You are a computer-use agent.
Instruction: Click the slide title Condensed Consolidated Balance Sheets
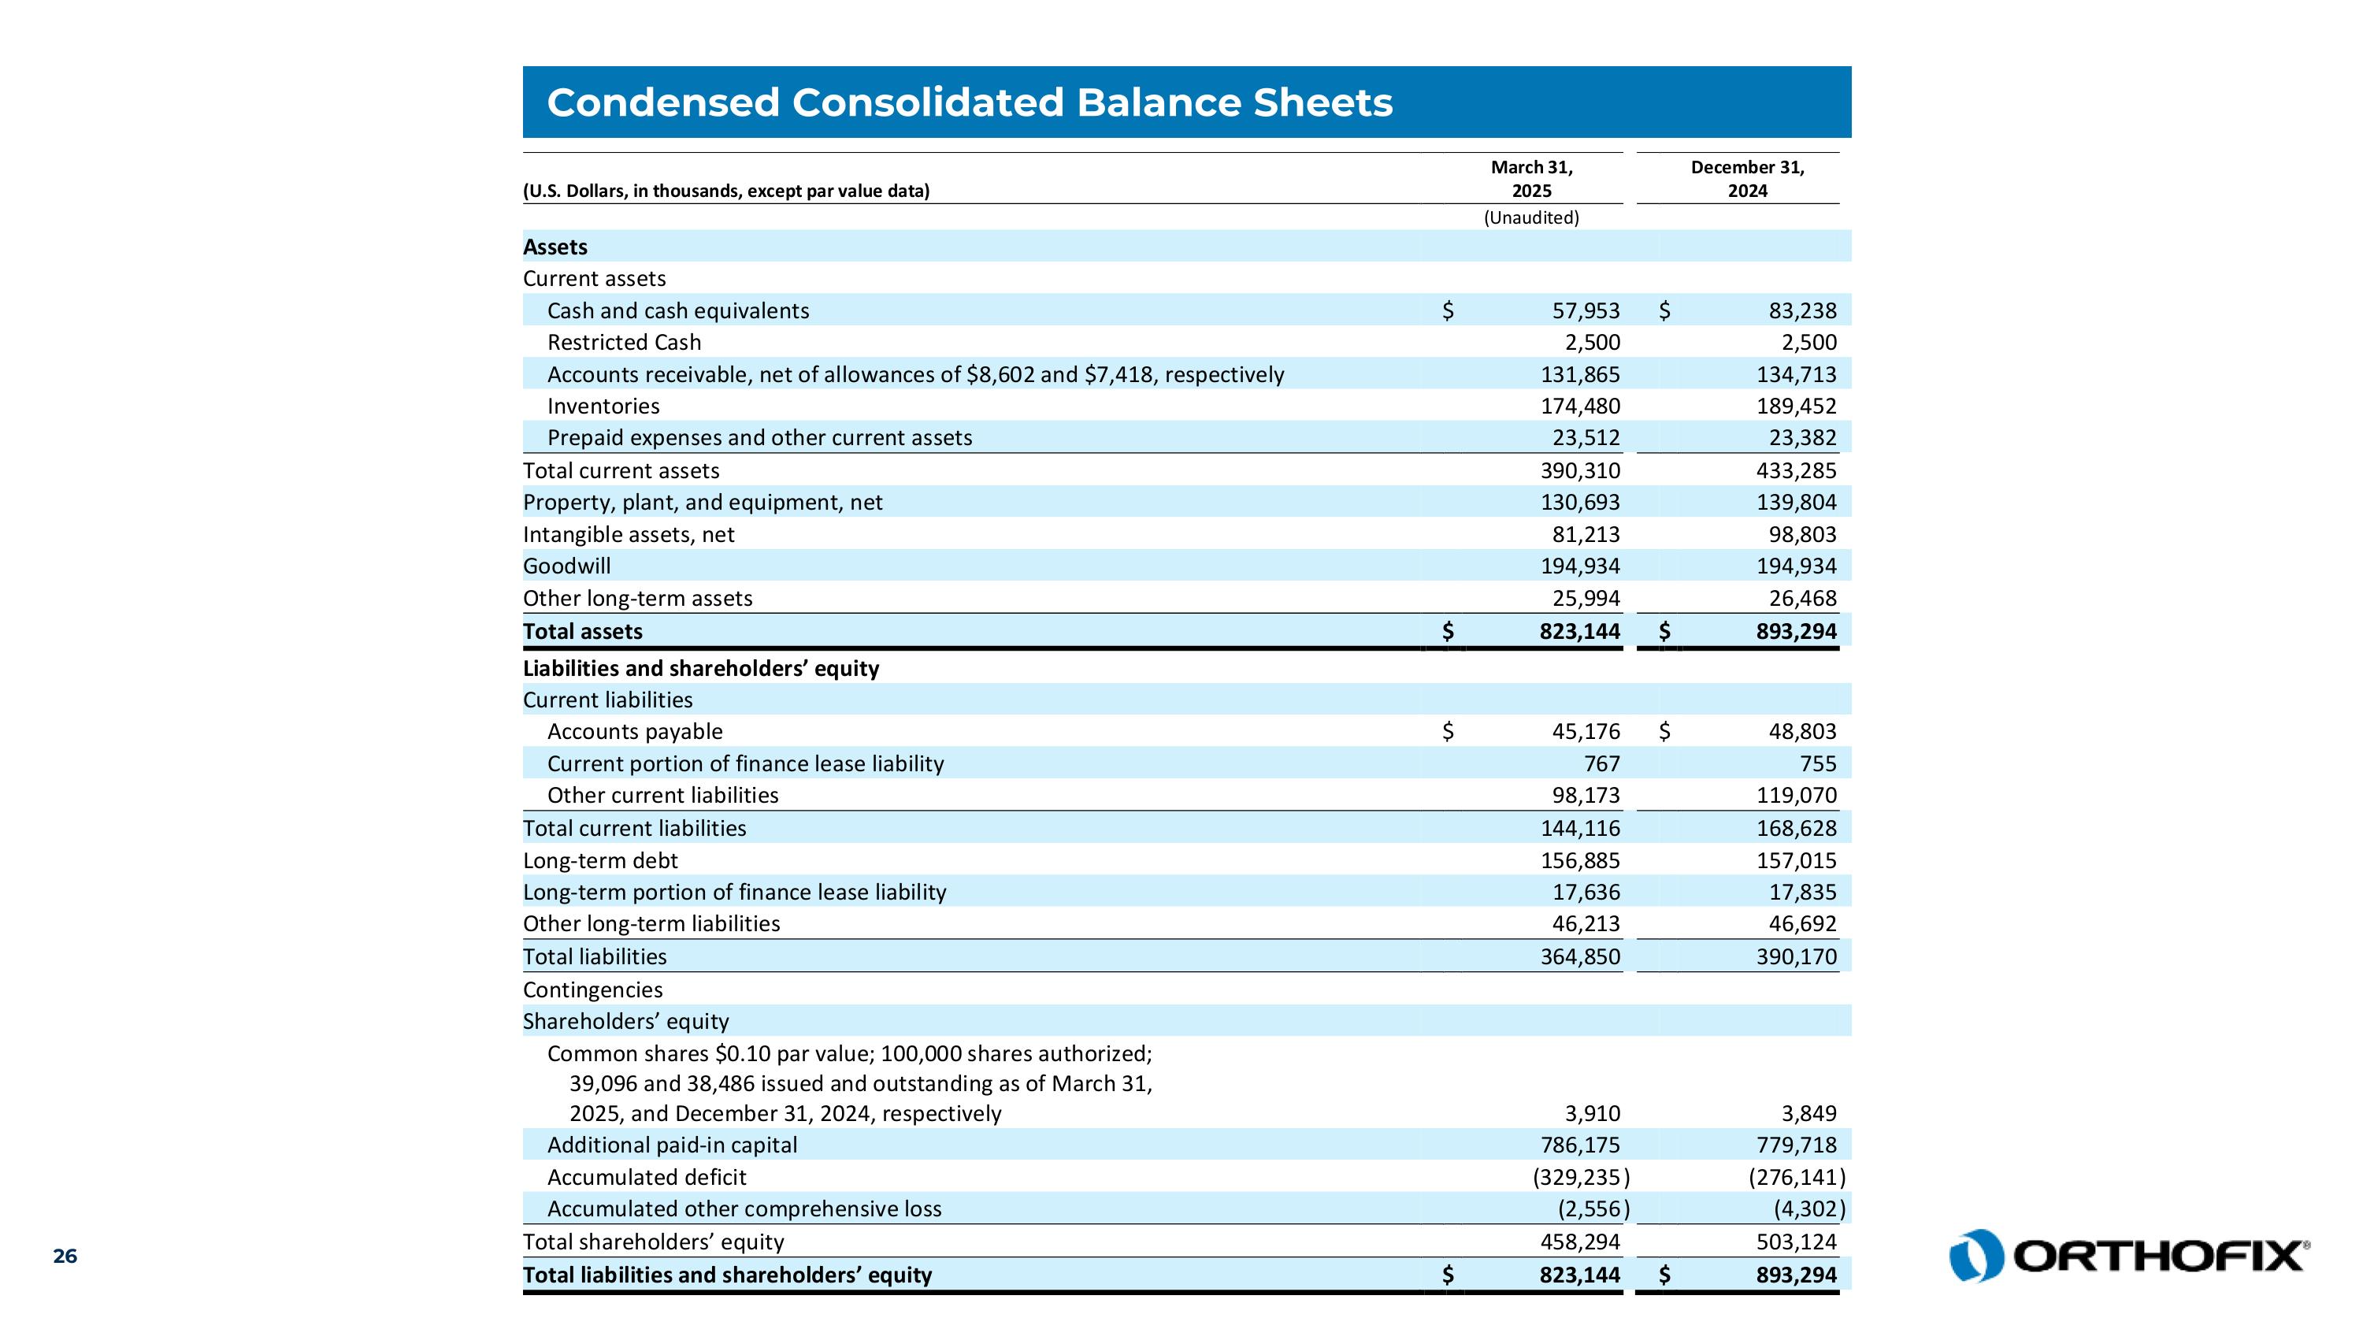click(x=969, y=102)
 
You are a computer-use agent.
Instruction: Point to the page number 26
click(x=65, y=1256)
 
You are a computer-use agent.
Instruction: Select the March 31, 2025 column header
click(x=1531, y=179)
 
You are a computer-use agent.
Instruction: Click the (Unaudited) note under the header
click(x=1531, y=217)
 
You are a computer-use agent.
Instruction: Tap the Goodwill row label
click(x=566, y=566)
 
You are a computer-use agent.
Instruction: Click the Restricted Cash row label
click(x=624, y=342)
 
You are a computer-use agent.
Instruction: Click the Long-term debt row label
click(x=600, y=860)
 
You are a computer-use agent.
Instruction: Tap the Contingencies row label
click(x=592, y=989)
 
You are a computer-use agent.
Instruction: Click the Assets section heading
click(x=555, y=247)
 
